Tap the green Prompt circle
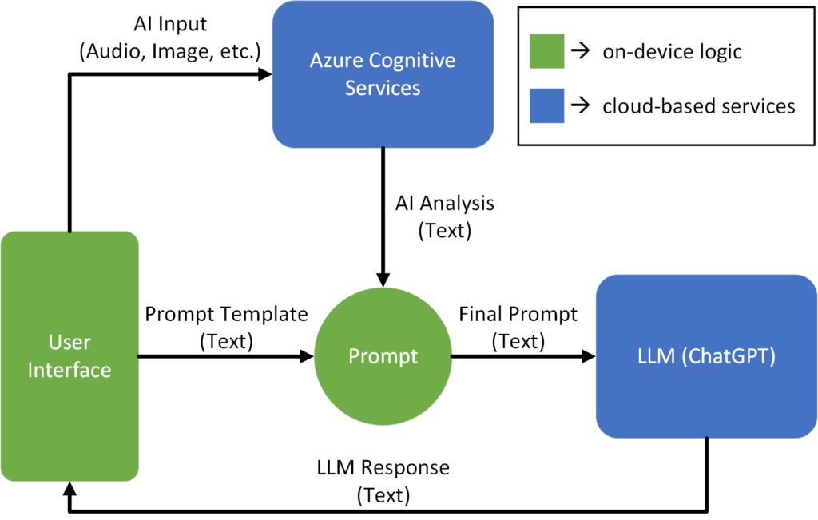pos(383,356)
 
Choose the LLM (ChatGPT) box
pos(706,356)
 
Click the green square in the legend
pos(546,52)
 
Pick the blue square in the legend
pos(546,105)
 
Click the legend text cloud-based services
pos(698,105)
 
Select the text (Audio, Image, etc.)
pos(170,53)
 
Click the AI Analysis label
pos(445,203)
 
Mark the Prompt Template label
pos(226,314)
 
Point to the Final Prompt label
pos(518,314)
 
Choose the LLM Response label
pos(383,466)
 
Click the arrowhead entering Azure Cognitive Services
pos(265,74)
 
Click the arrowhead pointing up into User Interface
pos(69,489)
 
